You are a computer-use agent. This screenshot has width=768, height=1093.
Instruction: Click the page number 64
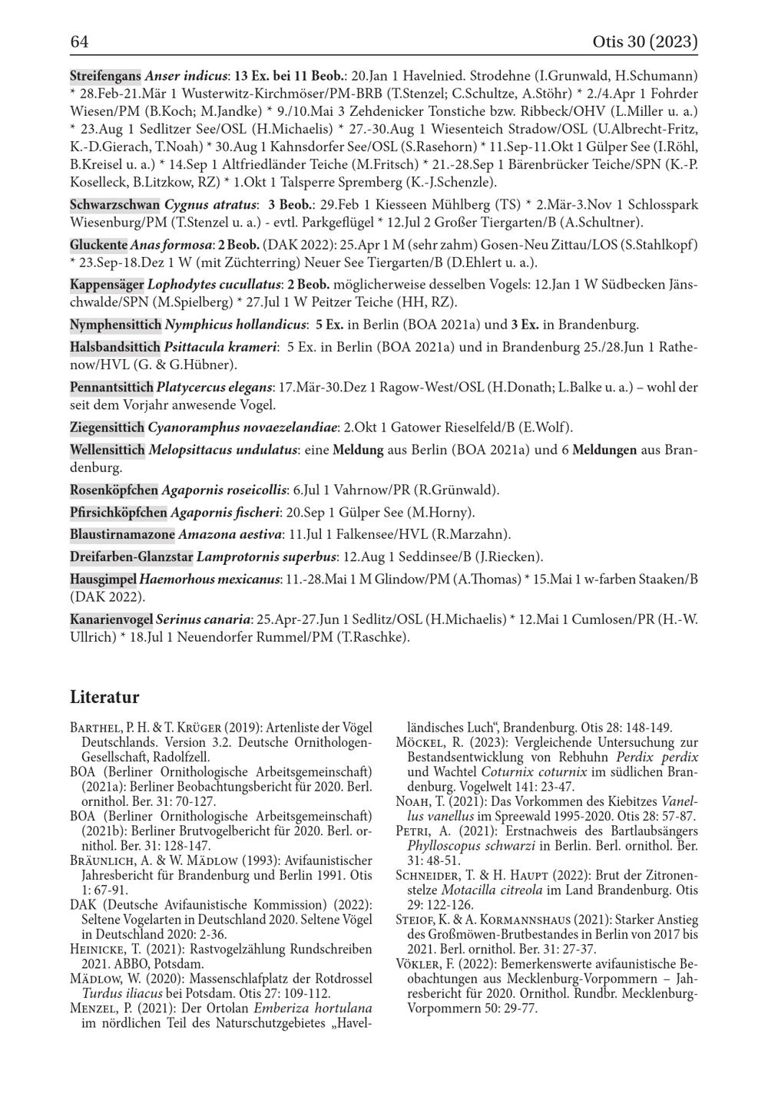coord(79,41)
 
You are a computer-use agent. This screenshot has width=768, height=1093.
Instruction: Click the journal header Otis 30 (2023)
coord(645,41)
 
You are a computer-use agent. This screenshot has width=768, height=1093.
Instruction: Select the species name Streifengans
coord(105,76)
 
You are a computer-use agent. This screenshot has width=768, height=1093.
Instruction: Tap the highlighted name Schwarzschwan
coord(114,205)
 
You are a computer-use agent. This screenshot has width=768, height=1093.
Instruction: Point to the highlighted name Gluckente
coord(98,245)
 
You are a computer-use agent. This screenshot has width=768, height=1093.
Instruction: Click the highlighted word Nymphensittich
coord(115,325)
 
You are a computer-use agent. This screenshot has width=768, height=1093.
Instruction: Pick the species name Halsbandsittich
coord(115,347)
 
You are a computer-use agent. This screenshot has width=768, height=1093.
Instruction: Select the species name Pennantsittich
coord(111,387)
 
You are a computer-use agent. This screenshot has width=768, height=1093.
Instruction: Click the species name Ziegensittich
coord(107,427)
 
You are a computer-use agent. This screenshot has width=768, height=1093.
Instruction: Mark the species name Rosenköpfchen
coord(114,490)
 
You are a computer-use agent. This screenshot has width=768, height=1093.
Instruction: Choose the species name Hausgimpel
coord(104,579)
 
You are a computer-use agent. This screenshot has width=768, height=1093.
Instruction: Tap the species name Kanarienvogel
coord(111,619)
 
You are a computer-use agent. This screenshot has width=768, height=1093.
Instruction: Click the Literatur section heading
coord(104,697)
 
